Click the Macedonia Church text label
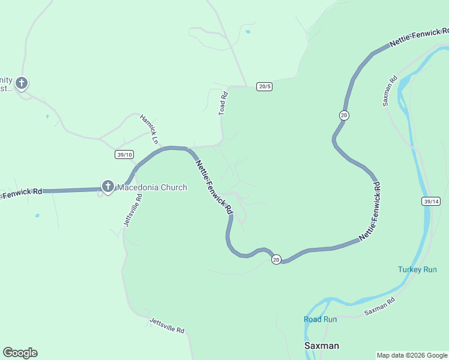152,188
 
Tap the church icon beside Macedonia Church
108,187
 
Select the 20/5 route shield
265,86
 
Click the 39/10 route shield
124,155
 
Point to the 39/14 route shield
431,202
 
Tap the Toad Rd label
223,103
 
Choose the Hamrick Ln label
149,130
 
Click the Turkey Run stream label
417,269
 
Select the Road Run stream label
320,319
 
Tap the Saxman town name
322,346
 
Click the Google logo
20,353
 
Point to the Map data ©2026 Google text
412,355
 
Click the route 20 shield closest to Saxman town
276,259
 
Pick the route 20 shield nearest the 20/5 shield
344,115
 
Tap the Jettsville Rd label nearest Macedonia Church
133,209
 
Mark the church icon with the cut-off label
22,83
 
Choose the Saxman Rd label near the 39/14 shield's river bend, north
390,91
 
